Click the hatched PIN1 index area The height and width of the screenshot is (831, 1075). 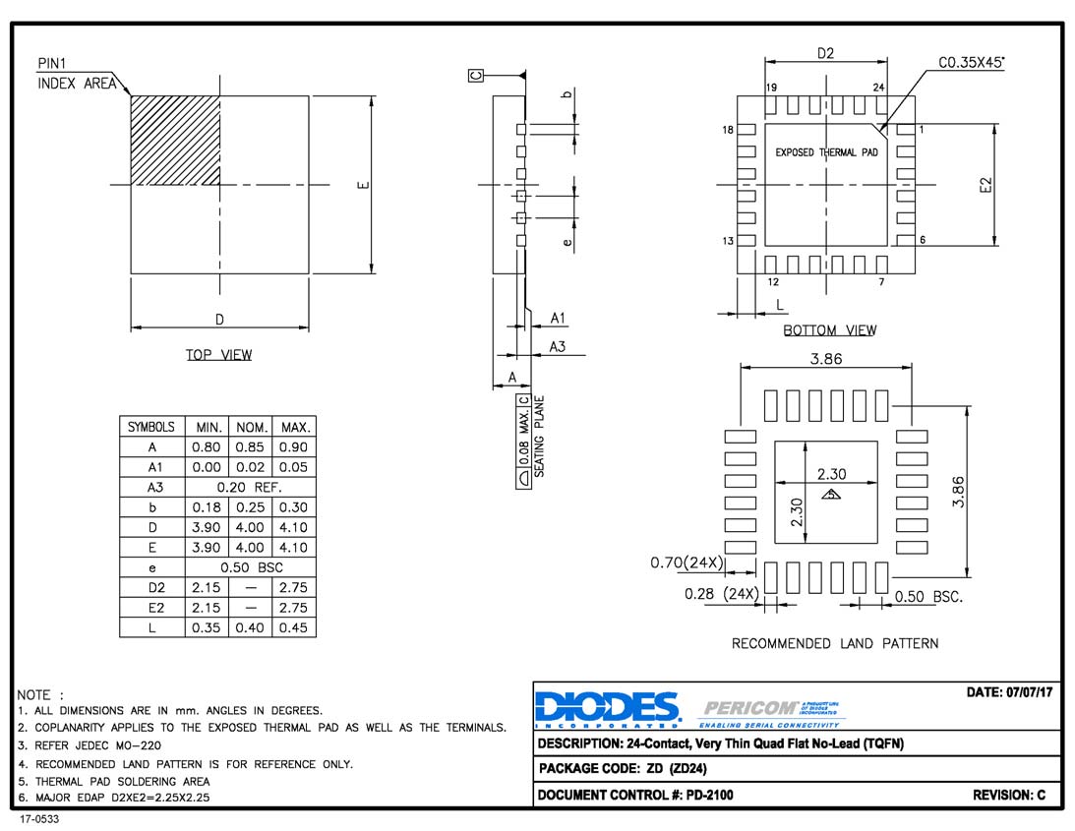[175, 140]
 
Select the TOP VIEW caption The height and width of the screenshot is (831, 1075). [218, 355]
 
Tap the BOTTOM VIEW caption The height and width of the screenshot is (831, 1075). [829, 330]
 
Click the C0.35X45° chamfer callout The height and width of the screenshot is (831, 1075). [972, 63]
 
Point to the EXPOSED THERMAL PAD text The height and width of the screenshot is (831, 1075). [826, 152]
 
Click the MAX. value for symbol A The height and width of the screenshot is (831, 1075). [294, 447]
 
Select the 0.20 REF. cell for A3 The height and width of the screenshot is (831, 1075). [250, 488]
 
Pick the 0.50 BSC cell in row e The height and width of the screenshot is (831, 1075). [250, 567]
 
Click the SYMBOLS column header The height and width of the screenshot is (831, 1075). [151, 428]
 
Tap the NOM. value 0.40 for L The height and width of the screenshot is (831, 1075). [250, 627]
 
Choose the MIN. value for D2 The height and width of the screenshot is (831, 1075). [206, 587]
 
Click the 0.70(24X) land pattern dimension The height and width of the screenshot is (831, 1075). [687, 564]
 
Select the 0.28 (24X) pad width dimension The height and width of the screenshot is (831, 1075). [721, 594]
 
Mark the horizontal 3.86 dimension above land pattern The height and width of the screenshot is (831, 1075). [826, 359]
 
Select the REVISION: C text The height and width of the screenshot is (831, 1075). [1008, 795]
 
